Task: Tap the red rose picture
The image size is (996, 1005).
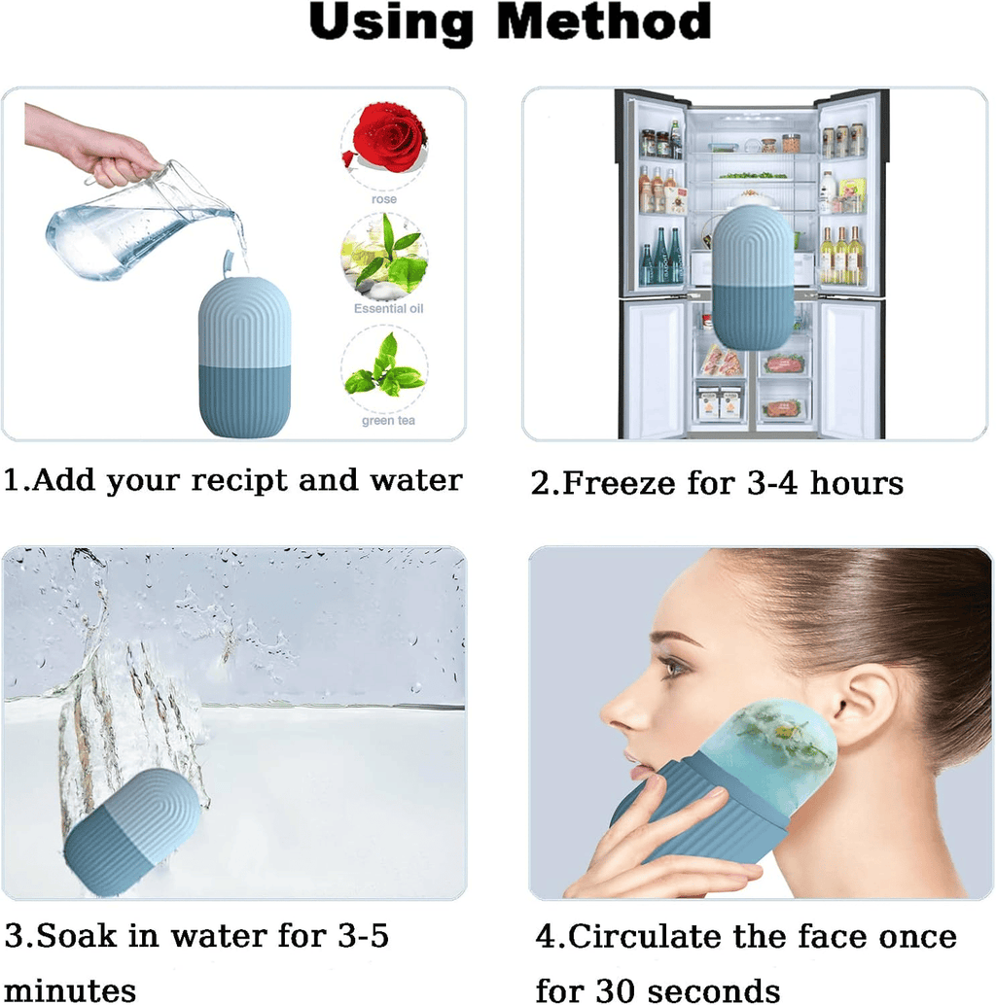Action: click(385, 142)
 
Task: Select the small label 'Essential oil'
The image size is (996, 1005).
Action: click(389, 308)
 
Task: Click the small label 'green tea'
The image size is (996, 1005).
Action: click(388, 421)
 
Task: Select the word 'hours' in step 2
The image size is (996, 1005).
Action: click(852, 483)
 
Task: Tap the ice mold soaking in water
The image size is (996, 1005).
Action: click(133, 831)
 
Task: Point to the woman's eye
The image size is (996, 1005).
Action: click(670, 668)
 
